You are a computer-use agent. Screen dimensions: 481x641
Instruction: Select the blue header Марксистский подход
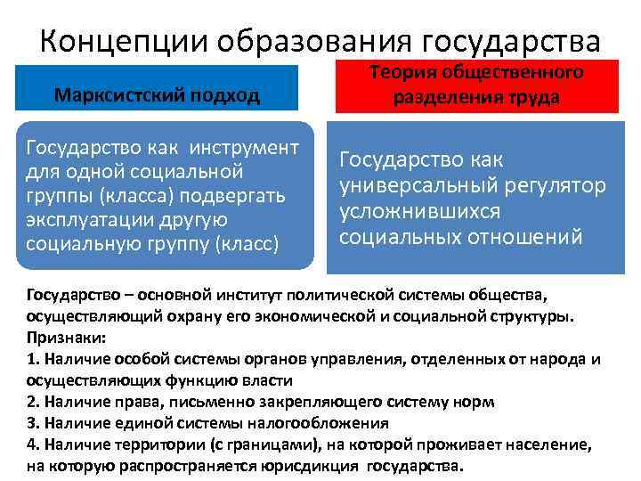(157, 94)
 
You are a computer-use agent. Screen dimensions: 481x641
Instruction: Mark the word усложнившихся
(419, 211)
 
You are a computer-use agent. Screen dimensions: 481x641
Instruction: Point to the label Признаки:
(65, 339)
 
